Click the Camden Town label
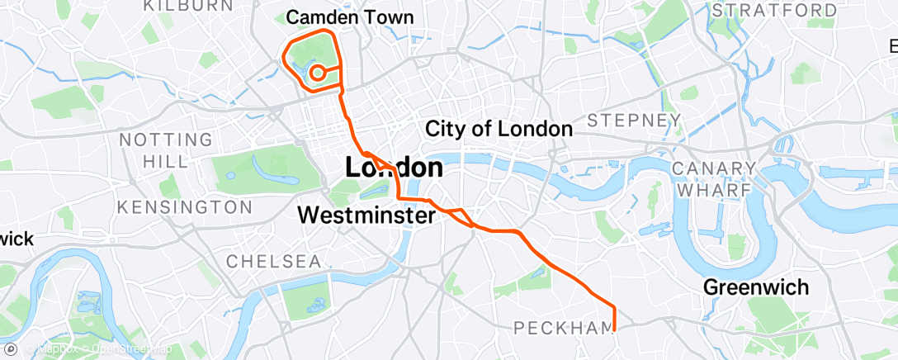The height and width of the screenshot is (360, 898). [349, 17]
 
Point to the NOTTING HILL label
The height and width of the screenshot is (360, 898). [166, 149]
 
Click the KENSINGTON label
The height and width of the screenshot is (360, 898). [185, 206]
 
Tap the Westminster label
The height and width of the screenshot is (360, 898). [366, 216]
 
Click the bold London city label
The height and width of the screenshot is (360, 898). [393, 168]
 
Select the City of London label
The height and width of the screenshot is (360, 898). [499, 129]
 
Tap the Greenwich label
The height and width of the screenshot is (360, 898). [755, 287]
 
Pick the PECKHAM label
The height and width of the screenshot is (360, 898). [565, 328]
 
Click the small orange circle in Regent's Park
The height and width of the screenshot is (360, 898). [316, 73]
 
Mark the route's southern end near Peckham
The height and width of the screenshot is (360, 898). [615, 329]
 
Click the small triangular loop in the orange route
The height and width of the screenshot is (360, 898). [460, 215]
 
